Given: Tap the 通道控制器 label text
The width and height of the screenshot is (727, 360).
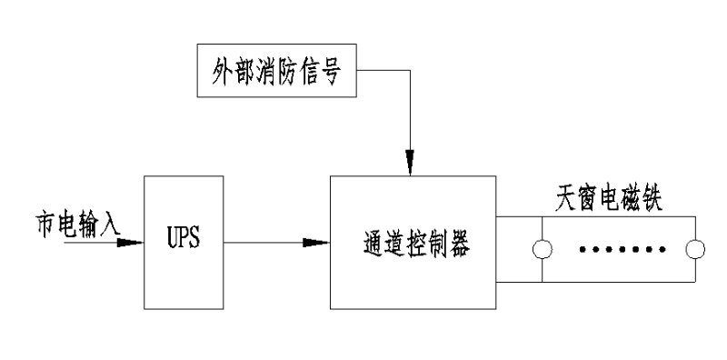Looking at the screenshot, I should pos(413,243).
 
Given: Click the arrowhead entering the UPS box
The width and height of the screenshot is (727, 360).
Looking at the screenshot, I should pos(131,243).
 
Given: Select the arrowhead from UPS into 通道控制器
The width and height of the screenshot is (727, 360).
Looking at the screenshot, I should pos(316,243).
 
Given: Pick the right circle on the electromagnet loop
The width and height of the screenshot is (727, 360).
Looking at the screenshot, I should pos(695,250).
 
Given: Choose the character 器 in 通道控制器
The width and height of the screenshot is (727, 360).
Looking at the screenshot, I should pos(463,243).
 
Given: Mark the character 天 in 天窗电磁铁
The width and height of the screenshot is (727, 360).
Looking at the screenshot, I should pos(563,201).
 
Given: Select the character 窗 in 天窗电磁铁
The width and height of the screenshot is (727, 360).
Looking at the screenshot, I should pos(583,201).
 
